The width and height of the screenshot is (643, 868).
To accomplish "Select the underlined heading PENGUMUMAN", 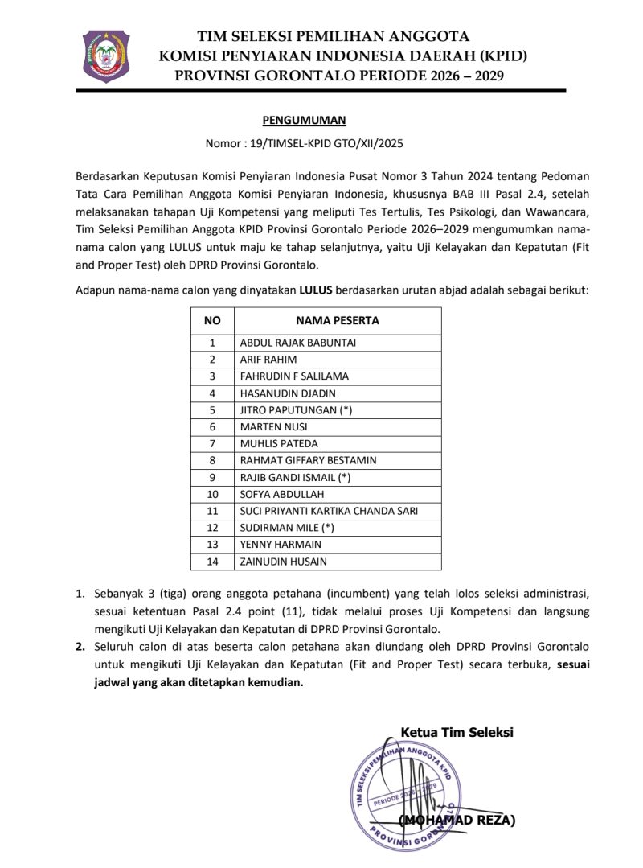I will (304, 121).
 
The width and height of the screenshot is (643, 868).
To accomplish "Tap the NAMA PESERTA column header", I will (338, 320).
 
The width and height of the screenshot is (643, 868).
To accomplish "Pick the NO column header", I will (212, 320).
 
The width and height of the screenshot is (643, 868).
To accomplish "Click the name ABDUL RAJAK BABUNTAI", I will (297, 343).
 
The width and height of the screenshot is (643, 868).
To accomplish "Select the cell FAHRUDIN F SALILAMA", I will (294, 376).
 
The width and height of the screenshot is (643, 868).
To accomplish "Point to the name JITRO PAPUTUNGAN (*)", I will (296, 409).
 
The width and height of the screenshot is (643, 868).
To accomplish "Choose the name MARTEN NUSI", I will (273, 426).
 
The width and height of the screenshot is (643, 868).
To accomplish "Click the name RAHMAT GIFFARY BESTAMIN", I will (309, 460).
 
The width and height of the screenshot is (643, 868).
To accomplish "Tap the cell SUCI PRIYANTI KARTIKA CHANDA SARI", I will (329, 511).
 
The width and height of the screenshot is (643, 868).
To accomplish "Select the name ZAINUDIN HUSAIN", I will (283, 562).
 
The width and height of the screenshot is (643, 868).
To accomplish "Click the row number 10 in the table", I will (212, 494).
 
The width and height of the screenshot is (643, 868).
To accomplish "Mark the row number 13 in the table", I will (212, 545).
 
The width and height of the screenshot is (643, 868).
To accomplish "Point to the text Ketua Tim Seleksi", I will (457, 732).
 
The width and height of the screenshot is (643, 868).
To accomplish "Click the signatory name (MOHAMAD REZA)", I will (457, 820).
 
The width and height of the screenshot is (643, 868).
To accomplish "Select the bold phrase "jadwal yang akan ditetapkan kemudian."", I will (200, 683).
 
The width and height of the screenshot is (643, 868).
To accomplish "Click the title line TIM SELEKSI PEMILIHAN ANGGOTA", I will (334, 35).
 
